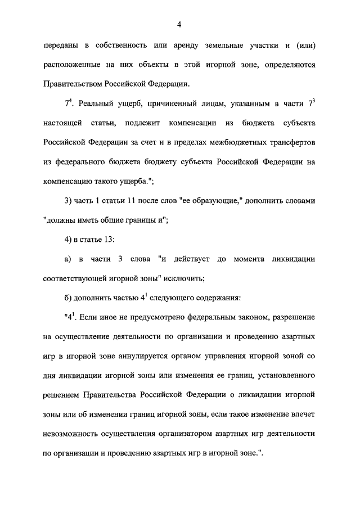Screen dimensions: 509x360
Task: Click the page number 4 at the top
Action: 179,24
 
